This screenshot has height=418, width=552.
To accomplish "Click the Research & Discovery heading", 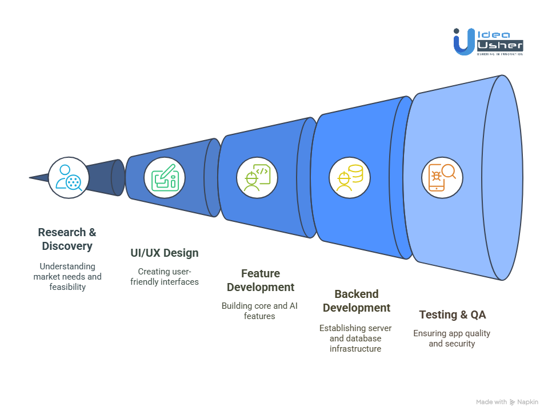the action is point(67,239).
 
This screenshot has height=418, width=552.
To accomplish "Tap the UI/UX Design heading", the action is point(165,253).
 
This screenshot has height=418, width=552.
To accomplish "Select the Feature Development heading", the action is point(261,280).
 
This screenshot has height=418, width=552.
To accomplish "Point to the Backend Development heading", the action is point(357,301).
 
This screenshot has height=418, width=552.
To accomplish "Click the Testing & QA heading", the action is point(453,315).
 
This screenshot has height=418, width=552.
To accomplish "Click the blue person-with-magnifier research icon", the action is point(69,177).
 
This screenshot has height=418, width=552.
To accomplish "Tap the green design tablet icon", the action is point(165,177).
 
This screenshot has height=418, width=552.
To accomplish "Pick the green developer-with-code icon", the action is point(257,177).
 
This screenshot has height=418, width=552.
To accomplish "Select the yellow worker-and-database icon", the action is point(350,177).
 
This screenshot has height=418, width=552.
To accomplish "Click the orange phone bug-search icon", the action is point(442,177).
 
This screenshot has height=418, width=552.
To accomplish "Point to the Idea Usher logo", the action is point(488,42).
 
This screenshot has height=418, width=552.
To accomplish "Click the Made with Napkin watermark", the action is point(507,402).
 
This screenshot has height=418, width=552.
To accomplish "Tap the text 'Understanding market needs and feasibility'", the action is point(67,276).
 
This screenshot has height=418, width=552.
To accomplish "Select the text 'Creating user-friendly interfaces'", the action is point(165,276).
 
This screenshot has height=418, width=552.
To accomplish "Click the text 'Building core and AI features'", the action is point(259,310).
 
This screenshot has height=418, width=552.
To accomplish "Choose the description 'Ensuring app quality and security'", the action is point(451,338).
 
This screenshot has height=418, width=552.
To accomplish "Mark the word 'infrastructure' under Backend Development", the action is point(355,349).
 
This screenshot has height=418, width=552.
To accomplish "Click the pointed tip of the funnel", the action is point(30,177).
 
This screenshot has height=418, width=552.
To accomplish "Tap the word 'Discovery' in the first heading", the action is point(67,246).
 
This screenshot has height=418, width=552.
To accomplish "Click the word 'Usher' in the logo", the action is point(500,45).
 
